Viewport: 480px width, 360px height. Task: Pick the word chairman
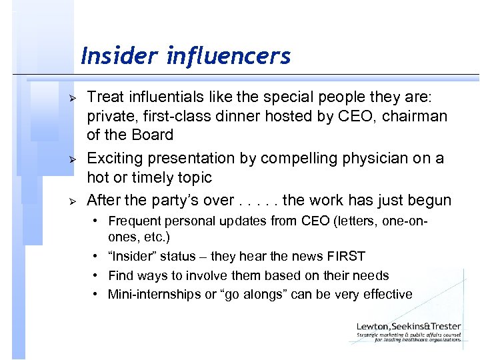pos(417,115)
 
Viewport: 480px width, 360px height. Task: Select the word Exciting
pos(115,159)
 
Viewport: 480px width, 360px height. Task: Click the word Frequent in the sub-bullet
pos(133,221)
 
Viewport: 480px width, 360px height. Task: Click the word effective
pos(388,294)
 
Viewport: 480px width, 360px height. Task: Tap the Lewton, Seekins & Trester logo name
pos(408,327)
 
